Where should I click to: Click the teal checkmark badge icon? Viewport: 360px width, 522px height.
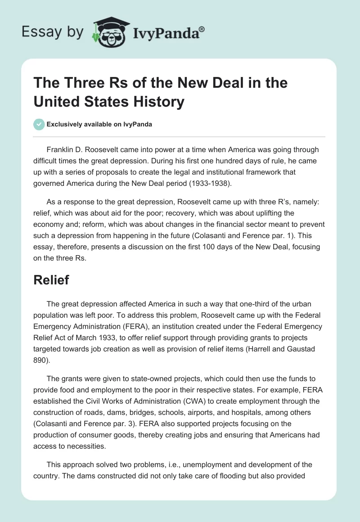click(x=40, y=124)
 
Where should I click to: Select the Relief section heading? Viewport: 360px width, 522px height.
click(x=51, y=280)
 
